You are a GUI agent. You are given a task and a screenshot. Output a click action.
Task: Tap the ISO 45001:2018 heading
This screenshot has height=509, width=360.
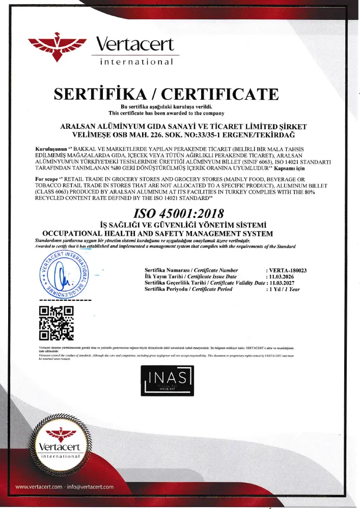pyautogui.click(x=179, y=212)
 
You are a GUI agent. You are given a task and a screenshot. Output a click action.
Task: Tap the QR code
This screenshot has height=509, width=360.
pyautogui.click(x=57, y=322)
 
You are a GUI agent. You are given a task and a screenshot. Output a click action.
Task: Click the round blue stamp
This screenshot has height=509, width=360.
pyautogui.click(x=64, y=276)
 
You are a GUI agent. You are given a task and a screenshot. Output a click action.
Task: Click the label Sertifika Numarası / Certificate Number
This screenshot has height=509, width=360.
pyautogui.click(x=191, y=270)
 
